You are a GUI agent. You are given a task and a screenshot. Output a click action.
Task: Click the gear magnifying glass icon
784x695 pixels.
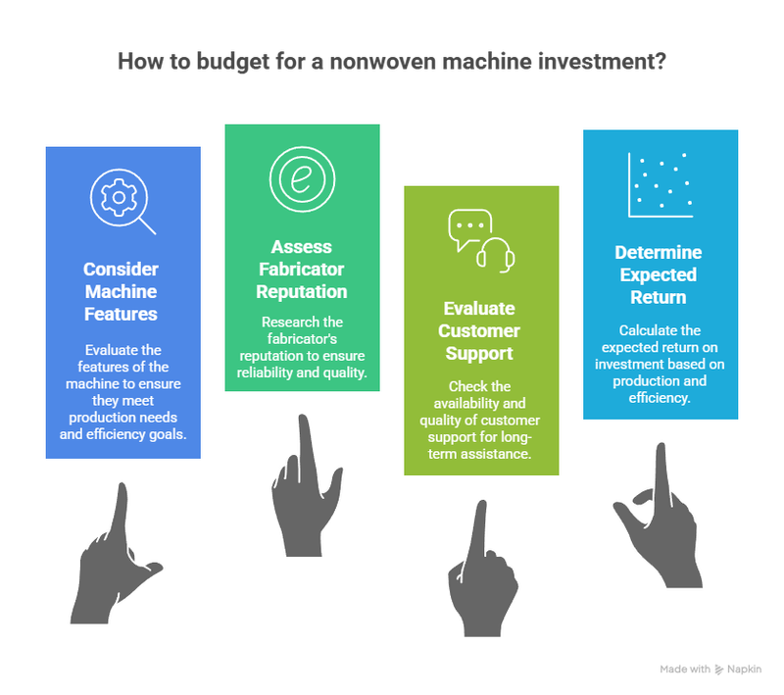pos(122,201)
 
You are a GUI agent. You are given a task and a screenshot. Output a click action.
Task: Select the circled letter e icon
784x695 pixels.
pos(302,179)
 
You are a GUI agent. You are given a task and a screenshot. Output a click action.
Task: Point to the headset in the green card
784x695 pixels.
pos(496,255)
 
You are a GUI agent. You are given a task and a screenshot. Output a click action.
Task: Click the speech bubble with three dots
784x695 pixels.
pos(470,229)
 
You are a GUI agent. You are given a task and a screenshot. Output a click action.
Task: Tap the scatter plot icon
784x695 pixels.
pos(660,185)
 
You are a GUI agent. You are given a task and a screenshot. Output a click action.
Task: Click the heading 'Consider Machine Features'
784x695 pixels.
pos(121,291)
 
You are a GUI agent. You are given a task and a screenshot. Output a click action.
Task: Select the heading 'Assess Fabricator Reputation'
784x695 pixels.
pos(302,269)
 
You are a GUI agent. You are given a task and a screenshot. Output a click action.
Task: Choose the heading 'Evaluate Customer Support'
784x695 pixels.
pos(479,330)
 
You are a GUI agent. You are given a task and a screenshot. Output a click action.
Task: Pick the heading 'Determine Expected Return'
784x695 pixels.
pos(659,274)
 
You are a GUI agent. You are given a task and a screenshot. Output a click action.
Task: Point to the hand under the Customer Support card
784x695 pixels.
pos(481,570)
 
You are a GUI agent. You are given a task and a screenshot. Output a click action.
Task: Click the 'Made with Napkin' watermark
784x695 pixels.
pos(710,669)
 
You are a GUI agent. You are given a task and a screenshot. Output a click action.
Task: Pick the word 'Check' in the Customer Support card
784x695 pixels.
pos(464,386)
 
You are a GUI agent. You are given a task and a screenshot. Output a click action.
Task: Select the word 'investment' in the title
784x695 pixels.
pos(602,61)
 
